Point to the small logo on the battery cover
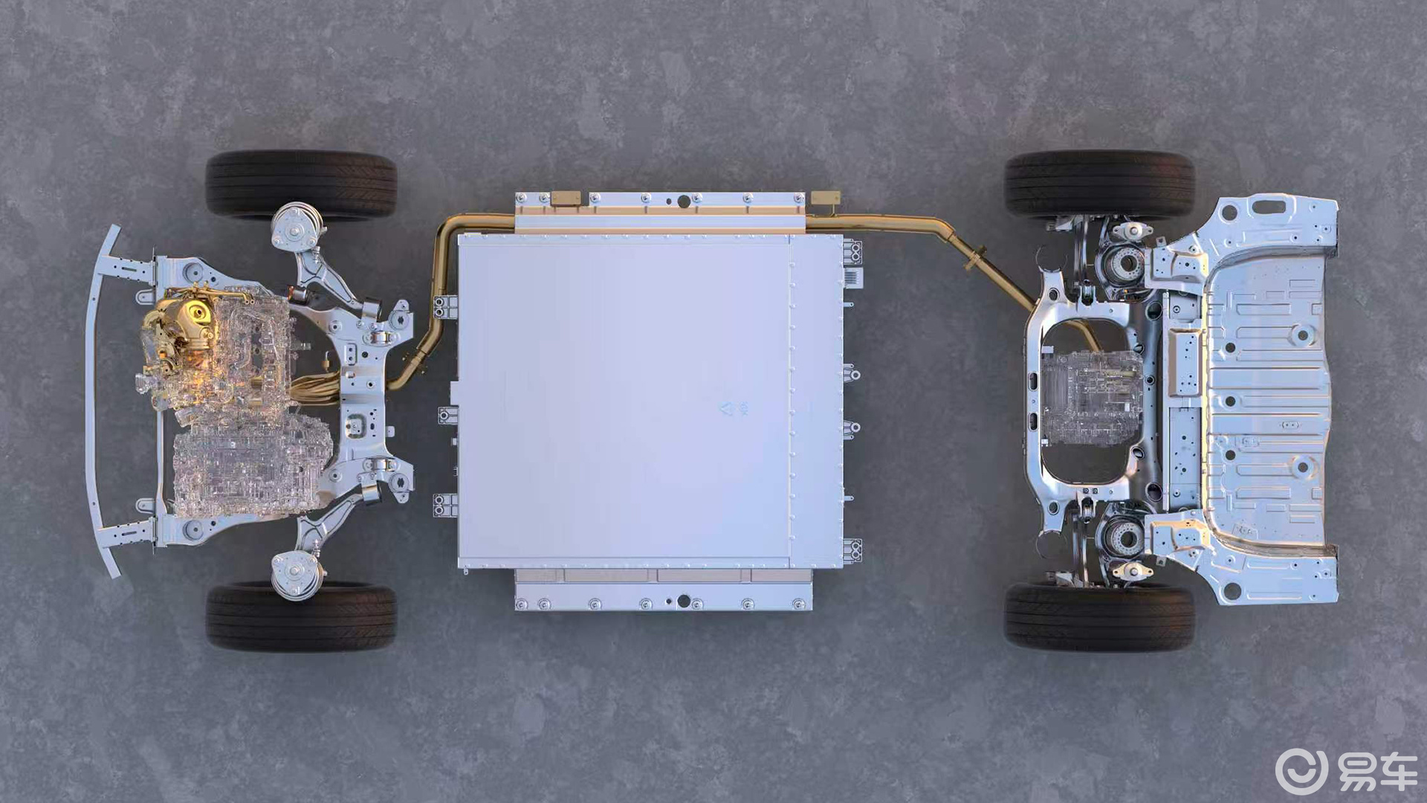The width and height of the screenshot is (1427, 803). click(x=734, y=408)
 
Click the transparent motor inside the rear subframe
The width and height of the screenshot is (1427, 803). click(x=1091, y=397)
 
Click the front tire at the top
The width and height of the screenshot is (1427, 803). click(x=301, y=184)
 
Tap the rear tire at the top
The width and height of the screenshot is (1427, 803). click(x=1100, y=184)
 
